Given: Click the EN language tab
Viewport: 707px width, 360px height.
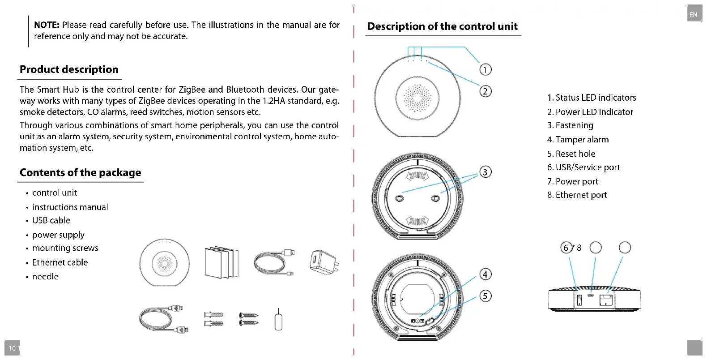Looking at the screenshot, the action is pyautogui.click(x=693, y=15).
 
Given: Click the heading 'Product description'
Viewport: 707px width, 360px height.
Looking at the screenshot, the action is pyautogui.click(x=69, y=69).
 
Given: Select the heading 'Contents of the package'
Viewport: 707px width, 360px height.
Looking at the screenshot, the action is pyautogui.click(x=80, y=172).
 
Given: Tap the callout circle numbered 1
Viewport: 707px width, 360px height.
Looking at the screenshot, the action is pyautogui.click(x=485, y=69).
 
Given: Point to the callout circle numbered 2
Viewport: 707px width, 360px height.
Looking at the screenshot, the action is pyautogui.click(x=485, y=91).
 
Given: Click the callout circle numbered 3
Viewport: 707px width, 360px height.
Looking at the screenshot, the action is pyautogui.click(x=485, y=172).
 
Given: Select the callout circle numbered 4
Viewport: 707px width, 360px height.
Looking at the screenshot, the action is pyautogui.click(x=485, y=274).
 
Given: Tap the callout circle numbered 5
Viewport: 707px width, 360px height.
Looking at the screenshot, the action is pyautogui.click(x=485, y=296).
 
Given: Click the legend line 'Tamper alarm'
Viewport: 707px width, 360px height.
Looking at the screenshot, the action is pyautogui.click(x=578, y=140).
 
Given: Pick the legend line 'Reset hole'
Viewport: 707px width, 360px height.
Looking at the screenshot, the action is pyautogui.click(x=571, y=154).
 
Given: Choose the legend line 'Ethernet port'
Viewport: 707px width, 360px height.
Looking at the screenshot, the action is pyautogui.click(x=577, y=195).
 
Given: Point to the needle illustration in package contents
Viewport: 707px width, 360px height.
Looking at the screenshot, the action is pyautogui.click(x=278, y=320).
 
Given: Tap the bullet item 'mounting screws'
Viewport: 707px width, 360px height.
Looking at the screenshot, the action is pyautogui.click(x=65, y=248).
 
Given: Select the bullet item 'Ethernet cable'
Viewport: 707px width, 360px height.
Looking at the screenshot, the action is pyautogui.click(x=60, y=262).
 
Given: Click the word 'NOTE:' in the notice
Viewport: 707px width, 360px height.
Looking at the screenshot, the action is pyautogui.click(x=47, y=25).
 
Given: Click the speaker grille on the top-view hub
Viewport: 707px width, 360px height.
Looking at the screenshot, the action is pyautogui.click(x=417, y=97).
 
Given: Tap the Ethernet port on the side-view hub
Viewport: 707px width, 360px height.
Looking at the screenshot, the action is pyautogui.click(x=606, y=300).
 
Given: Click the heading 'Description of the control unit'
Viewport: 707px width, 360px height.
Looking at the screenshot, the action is pyautogui.click(x=442, y=26).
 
